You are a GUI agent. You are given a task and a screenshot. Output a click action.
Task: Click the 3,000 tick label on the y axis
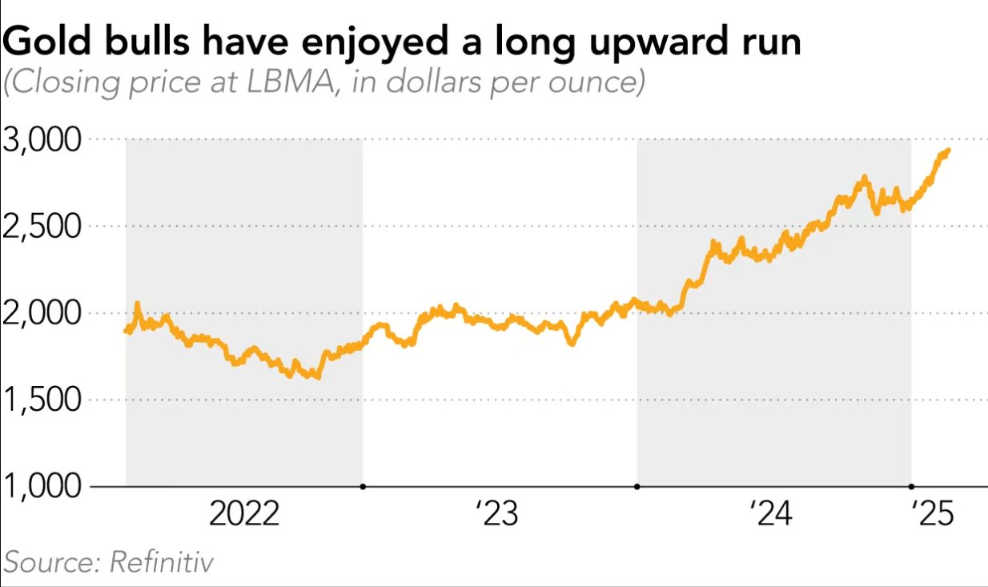42,141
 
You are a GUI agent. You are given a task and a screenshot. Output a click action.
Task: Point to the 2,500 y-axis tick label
42,227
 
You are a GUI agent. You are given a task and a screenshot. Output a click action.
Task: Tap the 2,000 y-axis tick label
42,314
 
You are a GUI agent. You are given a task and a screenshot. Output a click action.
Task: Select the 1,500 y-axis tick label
42,400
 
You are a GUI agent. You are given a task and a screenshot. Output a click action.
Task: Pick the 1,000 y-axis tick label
42,487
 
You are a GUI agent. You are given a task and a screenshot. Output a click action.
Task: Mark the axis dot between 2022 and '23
363,486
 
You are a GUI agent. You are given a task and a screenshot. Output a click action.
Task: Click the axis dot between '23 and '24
637,486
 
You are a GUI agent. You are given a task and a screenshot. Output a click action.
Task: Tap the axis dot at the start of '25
911,486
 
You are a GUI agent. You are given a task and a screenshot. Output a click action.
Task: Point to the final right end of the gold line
948,151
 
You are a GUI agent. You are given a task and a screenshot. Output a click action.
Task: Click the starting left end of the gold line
127,331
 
